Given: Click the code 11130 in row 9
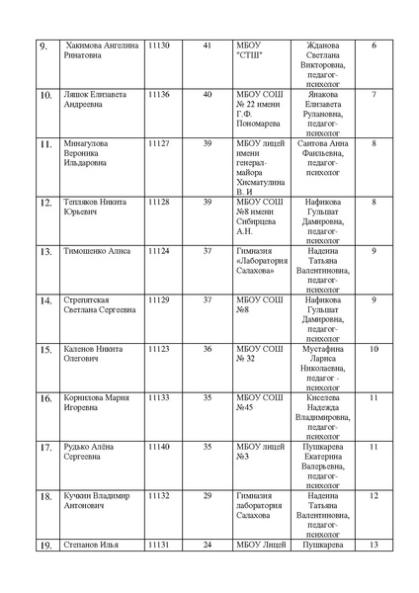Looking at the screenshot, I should point(158,46).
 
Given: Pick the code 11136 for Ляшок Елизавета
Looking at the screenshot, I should point(158,95).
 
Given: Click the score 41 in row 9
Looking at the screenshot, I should point(207,46).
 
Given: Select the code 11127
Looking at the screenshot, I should point(158,143).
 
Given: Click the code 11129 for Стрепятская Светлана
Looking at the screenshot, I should point(158,299).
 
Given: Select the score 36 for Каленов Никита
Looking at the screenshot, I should point(207,348).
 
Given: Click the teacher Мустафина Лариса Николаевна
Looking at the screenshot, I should point(322,368).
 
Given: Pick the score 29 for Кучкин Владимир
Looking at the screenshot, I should point(207,495).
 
